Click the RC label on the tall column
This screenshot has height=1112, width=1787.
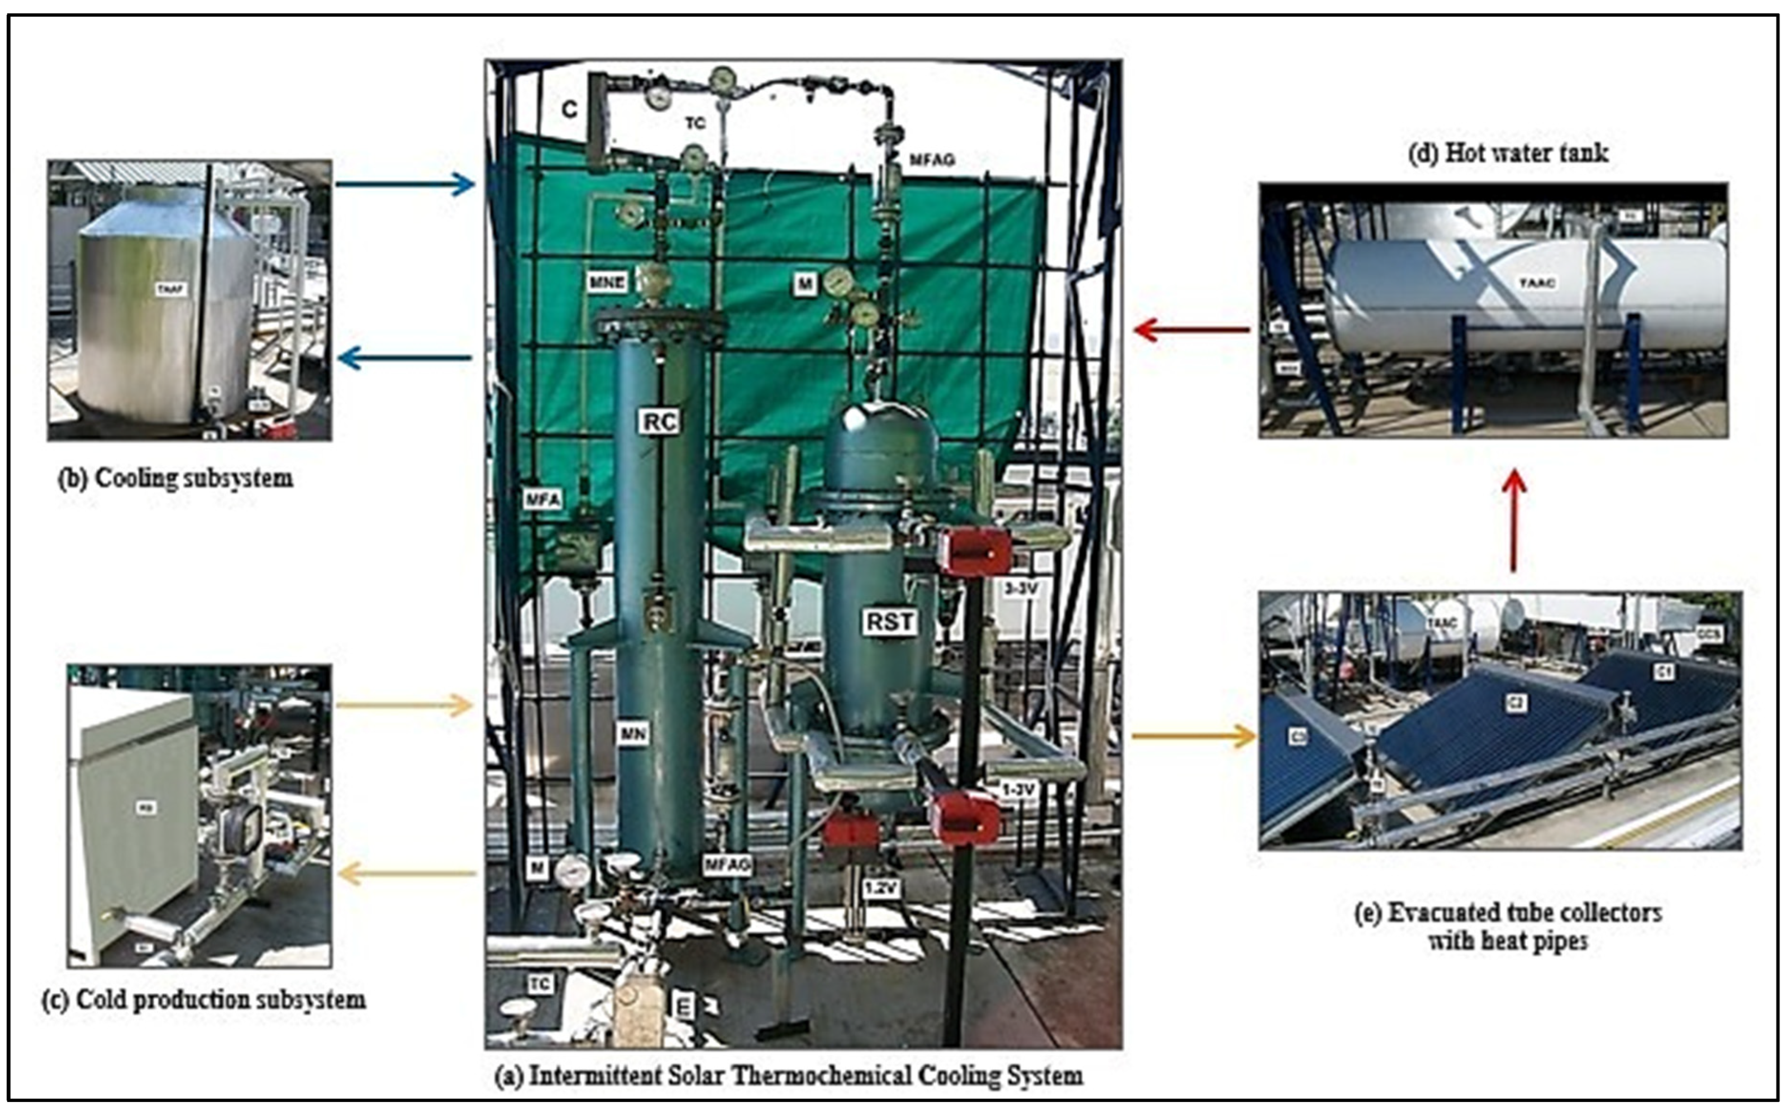click(x=659, y=421)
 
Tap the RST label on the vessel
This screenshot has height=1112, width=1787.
click(x=890, y=621)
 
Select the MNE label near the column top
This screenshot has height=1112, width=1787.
click(x=606, y=281)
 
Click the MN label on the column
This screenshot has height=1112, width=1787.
click(x=633, y=733)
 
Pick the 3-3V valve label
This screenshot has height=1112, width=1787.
click(x=1020, y=588)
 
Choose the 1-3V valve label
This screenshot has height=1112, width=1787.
click(x=1018, y=789)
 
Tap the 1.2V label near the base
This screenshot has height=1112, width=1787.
click(x=881, y=888)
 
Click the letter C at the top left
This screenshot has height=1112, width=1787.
click(x=569, y=110)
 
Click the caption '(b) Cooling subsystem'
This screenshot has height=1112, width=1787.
click(x=176, y=478)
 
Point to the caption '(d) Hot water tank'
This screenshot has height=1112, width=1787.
click(x=1508, y=153)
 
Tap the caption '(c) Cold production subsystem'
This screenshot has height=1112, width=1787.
click(x=203, y=1000)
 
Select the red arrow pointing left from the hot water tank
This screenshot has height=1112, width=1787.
click(x=1191, y=330)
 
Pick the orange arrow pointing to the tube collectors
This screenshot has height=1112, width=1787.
click(x=1193, y=736)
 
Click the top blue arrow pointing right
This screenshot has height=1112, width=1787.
click(x=404, y=184)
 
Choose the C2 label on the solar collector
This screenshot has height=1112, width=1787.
click(x=1516, y=703)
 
